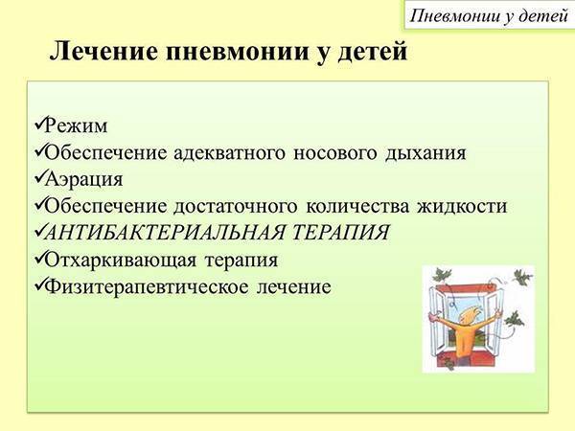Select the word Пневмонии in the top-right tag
click(x=449, y=15)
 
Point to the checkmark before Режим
click(x=37, y=125)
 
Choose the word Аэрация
click(x=84, y=179)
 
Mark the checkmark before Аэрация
click(x=37, y=178)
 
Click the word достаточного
click(x=239, y=206)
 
